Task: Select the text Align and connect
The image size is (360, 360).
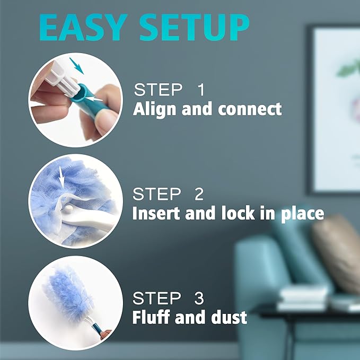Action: click(x=207, y=109)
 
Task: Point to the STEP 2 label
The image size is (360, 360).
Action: click(x=168, y=194)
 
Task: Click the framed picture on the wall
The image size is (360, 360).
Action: click(x=334, y=106)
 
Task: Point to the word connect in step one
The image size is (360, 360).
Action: click(x=249, y=109)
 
